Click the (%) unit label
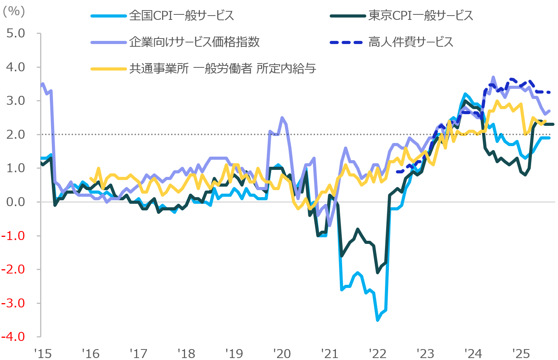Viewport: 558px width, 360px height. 14,11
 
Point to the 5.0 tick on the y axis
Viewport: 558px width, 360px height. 16,33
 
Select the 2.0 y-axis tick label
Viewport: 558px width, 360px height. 16,134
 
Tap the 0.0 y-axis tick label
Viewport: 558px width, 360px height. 16,202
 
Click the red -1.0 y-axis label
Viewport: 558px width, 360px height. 14,236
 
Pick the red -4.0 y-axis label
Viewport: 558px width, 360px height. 14,337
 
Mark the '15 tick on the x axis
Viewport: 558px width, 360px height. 42,353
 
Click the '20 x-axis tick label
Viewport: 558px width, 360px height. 282,353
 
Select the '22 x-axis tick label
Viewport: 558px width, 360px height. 378,353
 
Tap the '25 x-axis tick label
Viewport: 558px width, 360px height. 521,353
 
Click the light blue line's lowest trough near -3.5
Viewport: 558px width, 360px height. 377,320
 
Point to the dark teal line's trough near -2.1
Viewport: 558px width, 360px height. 377,272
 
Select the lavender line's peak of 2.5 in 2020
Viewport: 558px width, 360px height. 282,118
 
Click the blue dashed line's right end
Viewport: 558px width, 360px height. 549,92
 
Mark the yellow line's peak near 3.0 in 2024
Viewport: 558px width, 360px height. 497,101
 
